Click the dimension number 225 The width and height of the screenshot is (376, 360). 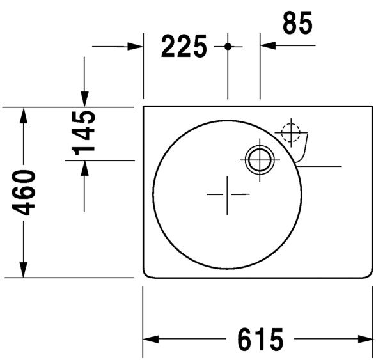click(x=184, y=47)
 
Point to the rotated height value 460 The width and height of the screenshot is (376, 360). click(x=24, y=192)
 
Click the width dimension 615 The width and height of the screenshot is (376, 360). click(x=260, y=339)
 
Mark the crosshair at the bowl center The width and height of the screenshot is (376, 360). click(x=228, y=194)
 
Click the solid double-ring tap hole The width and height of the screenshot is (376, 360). click(x=260, y=159)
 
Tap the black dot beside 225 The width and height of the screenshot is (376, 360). click(x=228, y=47)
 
